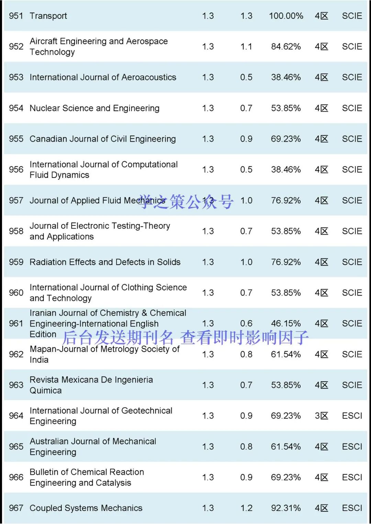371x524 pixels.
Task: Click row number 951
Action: pyautogui.click(x=16, y=16)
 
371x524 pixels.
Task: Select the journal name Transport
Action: pyautogui.click(x=48, y=16)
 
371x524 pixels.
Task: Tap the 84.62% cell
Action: pyautogui.click(x=285, y=46)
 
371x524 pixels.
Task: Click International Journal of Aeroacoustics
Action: pyautogui.click(x=103, y=77)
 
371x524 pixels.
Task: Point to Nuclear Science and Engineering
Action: pyautogui.click(x=94, y=108)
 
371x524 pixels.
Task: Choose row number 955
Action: pyautogui.click(x=16, y=139)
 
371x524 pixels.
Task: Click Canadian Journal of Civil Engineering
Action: pyautogui.click(x=103, y=139)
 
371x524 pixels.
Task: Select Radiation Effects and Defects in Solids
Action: pyautogui.click(x=105, y=262)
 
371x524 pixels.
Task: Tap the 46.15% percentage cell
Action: pyautogui.click(x=285, y=323)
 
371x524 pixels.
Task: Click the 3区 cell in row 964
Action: pyautogui.click(x=321, y=416)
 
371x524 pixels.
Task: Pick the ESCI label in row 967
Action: pyautogui.click(x=352, y=508)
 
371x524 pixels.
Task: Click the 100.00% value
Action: pyautogui.click(x=286, y=16)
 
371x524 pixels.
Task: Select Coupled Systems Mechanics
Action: pyautogui.click(x=86, y=508)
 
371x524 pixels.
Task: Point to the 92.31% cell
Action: pyautogui.click(x=285, y=508)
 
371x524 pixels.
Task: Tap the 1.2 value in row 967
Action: pyautogui.click(x=246, y=508)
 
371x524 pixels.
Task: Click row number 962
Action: pyautogui.click(x=16, y=354)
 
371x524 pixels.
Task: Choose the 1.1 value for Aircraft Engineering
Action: pyautogui.click(x=246, y=46)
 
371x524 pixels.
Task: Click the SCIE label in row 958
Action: pyautogui.click(x=352, y=231)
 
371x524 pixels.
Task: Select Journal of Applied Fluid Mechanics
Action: pyautogui.click(x=97, y=200)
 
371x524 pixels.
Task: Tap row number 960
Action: pyautogui.click(x=16, y=293)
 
